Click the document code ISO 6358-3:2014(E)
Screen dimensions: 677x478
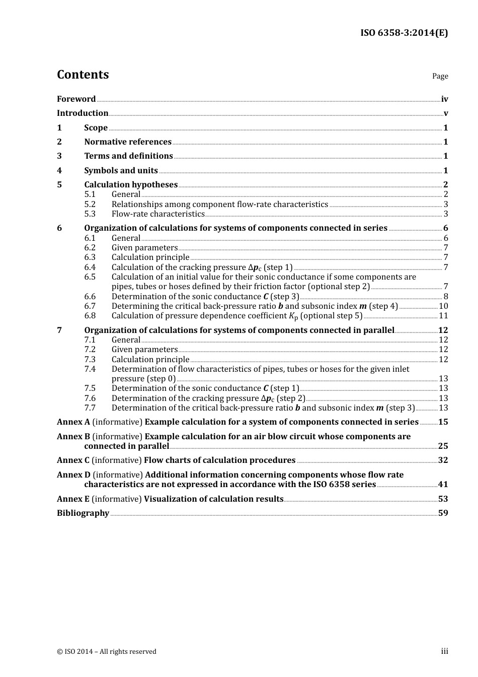coord(404,33)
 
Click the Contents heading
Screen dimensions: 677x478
coord(83,75)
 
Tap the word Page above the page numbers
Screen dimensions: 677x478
coord(440,76)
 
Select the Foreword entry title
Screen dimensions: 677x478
coord(76,99)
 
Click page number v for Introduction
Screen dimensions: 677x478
coord(445,113)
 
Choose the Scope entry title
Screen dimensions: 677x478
coord(96,128)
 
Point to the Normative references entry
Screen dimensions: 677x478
coord(128,142)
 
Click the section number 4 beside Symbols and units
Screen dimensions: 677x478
coord(59,171)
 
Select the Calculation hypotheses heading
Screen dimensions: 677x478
coord(131,185)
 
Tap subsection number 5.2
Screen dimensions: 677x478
coord(90,205)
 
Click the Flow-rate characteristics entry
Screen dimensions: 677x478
coord(158,214)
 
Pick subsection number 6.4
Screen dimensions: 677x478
coord(90,267)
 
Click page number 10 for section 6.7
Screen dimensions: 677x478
coord(443,306)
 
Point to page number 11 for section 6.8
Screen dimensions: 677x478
coord(443,316)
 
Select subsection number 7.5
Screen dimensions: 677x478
coord(90,388)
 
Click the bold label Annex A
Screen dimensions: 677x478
coord(73,422)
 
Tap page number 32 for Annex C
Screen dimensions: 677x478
coord(443,460)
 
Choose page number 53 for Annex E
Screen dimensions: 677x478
coord(443,499)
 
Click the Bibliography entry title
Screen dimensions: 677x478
coord(83,513)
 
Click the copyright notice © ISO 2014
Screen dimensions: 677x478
coord(106,651)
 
